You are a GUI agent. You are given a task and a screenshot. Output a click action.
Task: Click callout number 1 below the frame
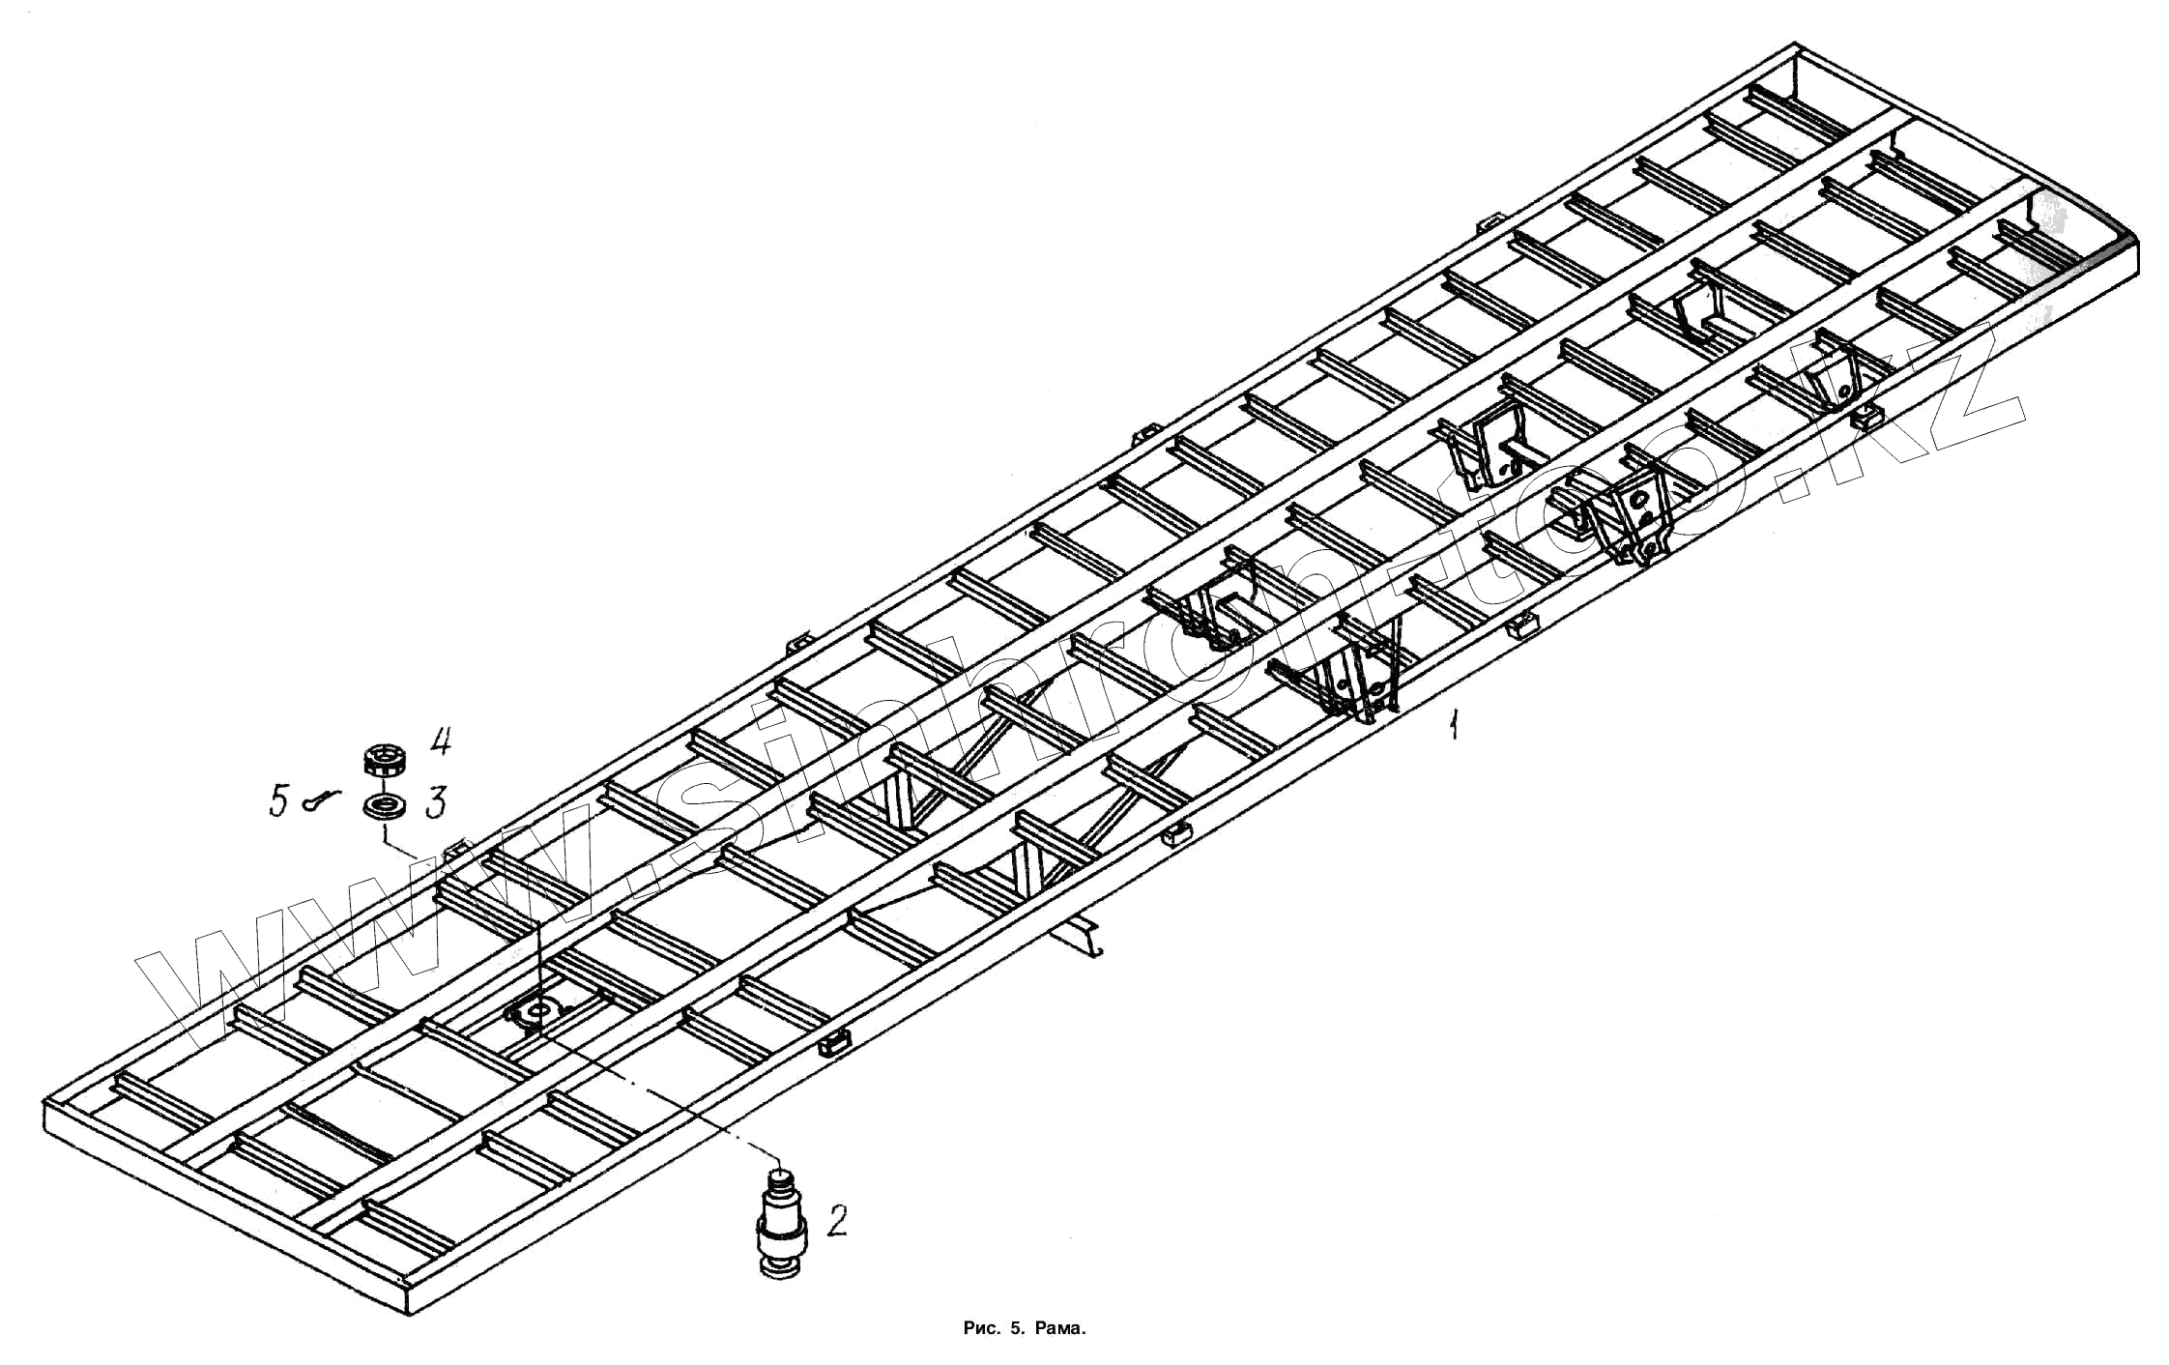point(1452,724)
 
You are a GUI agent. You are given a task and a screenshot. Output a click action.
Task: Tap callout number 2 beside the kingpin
point(837,1221)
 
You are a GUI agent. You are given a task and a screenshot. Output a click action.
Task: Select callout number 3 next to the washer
point(437,802)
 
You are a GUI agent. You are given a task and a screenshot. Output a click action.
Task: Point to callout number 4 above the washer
point(440,742)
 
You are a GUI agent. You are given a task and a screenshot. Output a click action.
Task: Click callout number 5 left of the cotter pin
point(279,801)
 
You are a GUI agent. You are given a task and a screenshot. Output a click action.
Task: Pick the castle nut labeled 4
point(385,759)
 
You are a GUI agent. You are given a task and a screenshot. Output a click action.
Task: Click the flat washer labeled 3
point(386,805)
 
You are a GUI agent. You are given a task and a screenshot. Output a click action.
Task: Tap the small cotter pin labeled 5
point(322,799)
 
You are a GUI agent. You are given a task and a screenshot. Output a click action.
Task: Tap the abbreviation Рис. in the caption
point(982,1328)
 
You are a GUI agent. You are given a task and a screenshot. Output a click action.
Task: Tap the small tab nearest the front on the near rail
point(835,1043)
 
